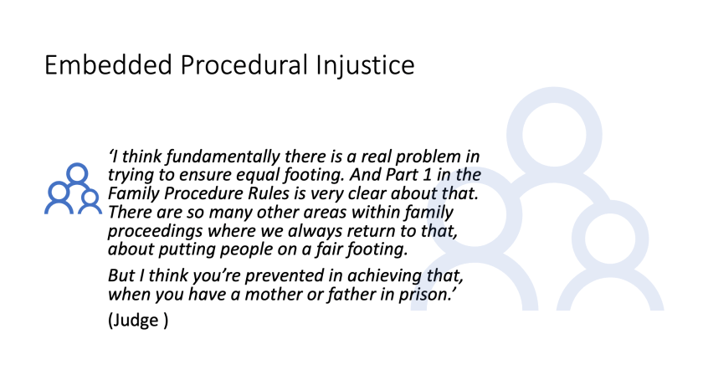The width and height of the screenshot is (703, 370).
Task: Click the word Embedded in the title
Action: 108,64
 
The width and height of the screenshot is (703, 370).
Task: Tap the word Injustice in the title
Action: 365,66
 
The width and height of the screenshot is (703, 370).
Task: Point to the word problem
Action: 428,157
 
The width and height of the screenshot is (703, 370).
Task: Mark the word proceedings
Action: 155,232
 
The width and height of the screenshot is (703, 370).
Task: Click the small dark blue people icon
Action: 74,188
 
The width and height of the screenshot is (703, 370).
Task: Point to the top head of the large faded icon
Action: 554,135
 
